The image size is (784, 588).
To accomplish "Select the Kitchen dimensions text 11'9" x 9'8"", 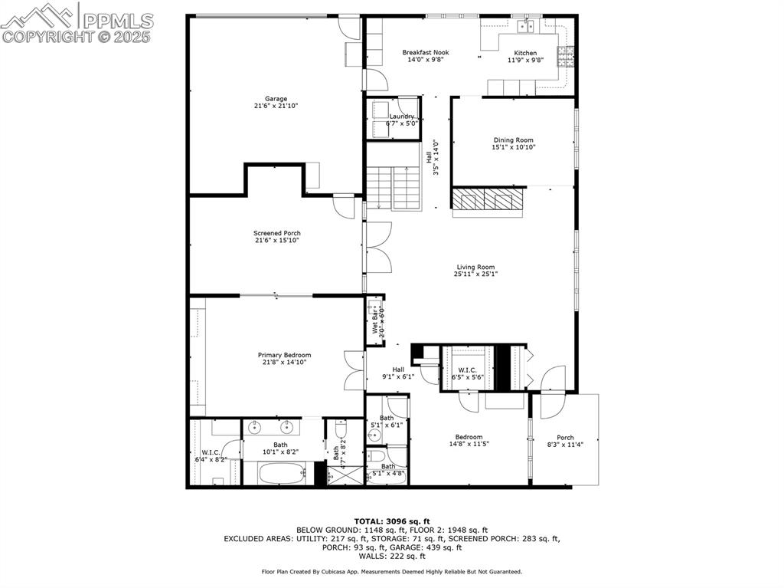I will point(525,60).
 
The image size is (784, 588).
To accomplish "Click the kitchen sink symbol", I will point(526,27).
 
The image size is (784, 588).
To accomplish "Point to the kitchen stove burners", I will point(566,54).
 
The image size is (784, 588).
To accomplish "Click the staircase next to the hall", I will point(393,188).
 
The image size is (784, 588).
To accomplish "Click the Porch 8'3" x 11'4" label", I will point(565,441).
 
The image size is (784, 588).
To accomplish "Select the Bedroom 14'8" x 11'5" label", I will point(469,440).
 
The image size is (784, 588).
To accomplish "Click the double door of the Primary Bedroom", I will point(354,371).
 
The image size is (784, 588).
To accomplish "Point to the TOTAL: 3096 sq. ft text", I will point(391,521).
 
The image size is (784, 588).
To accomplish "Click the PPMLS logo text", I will point(117,21).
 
